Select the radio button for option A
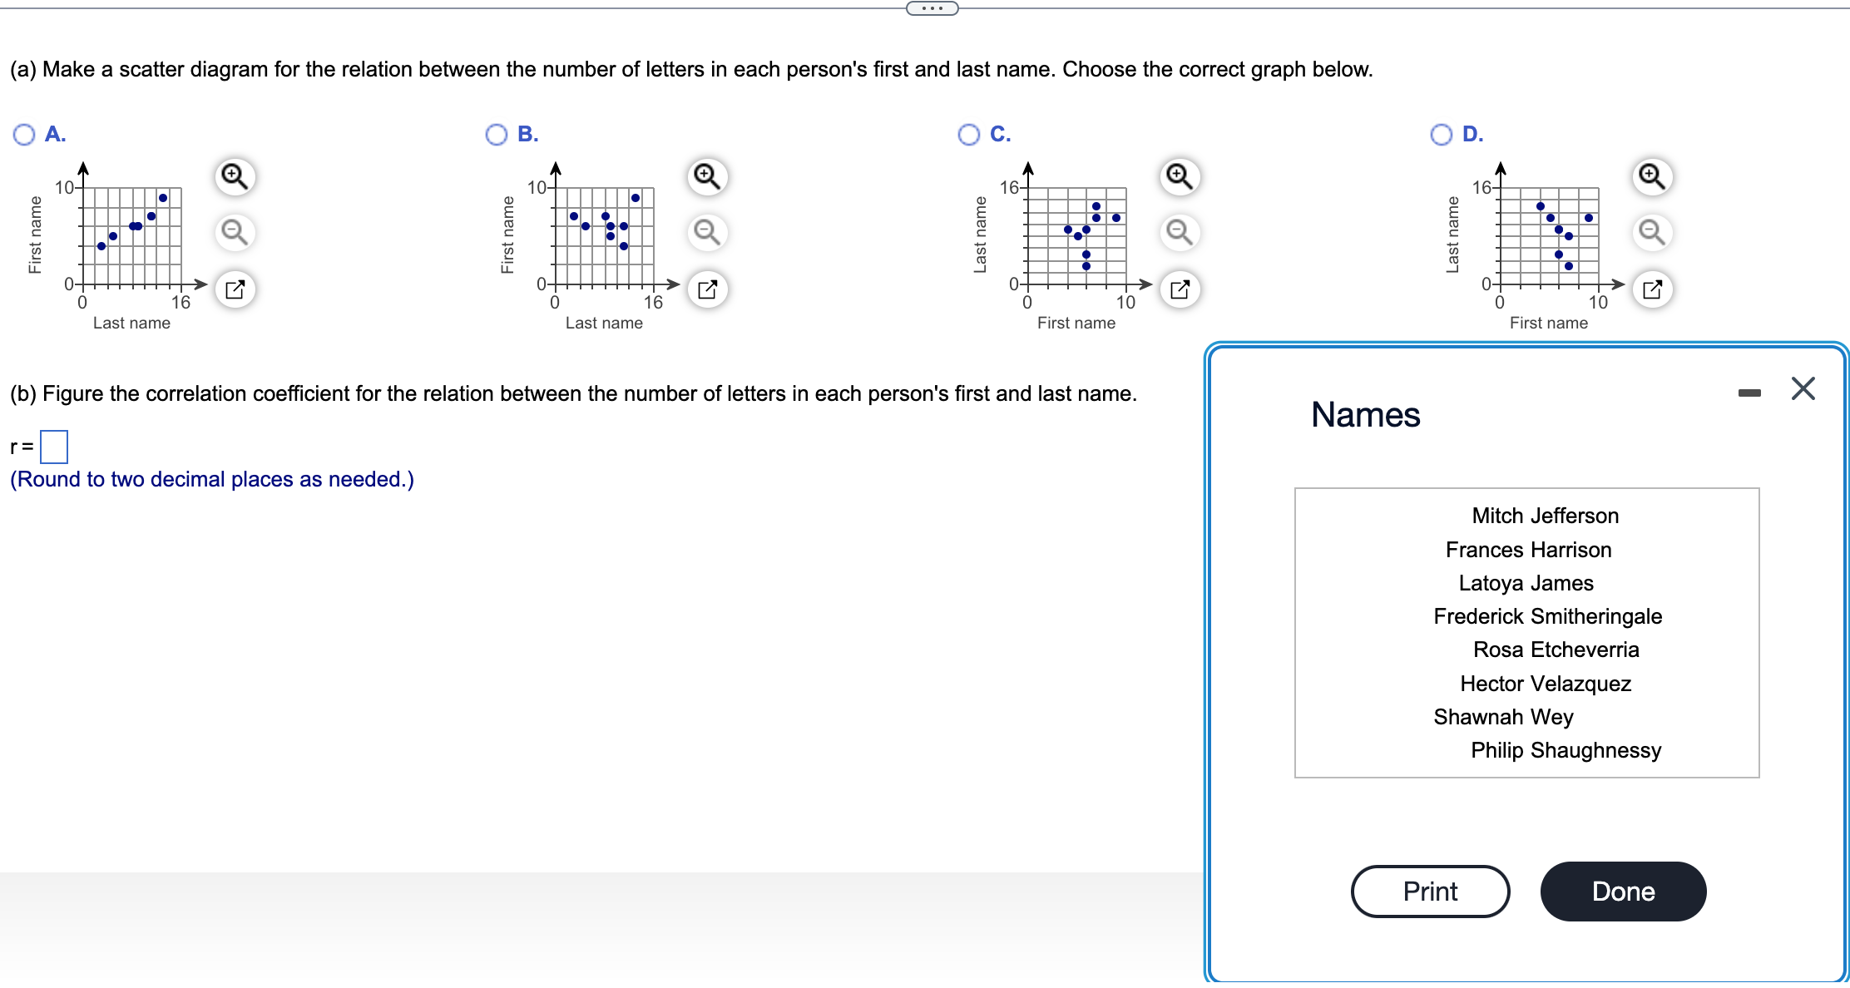24,135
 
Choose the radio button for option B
497,135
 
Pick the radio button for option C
969,135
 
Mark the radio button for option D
1442,135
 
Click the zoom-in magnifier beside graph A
235,176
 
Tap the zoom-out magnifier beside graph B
707,232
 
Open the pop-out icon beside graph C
1180,289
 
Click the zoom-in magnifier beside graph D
1652,176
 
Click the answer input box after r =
54,447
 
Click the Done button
1623,892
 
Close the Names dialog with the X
1803,388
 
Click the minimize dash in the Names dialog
1749,393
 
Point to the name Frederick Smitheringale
1547,616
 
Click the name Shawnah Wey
1503,717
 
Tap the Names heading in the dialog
1365,415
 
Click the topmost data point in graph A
163,198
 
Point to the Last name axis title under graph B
604,324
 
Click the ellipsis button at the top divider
932,8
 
